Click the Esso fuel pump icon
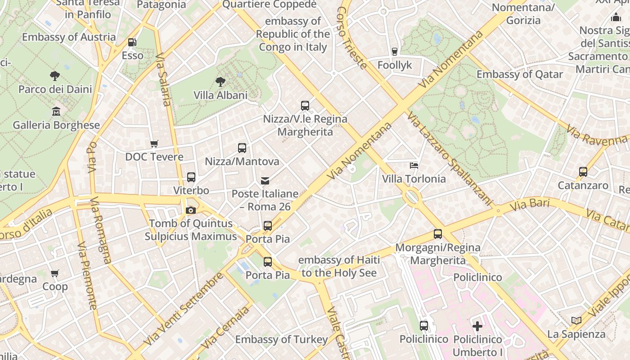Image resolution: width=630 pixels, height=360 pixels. pyautogui.click(x=132, y=42)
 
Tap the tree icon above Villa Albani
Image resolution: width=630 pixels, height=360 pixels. pyautogui.click(x=220, y=82)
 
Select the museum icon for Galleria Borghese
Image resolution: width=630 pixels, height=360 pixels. pyautogui.click(x=56, y=111)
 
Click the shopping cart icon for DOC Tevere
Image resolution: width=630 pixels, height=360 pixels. pyautogui.click(x=154, y=144)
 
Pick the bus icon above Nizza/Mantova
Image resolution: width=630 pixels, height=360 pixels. pyautogui.click(x=242, y=148)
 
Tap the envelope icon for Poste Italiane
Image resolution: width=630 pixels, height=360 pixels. pyautogui.click(x=265, y=180)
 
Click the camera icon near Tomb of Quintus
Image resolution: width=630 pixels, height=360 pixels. pyautogui.click(x=191, y=210)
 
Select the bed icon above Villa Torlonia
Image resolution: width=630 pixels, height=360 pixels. pyautogui.click(x=414, y=165)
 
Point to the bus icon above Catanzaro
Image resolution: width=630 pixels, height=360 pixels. pyautogui.click(x=583, y=171)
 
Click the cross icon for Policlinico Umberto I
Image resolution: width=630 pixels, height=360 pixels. pyautogui.click(x=477, y=326)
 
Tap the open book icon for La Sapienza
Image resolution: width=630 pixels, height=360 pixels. pyautogui.click(x=576, y=320)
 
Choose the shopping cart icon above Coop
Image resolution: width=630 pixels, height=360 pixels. pyautogui.click(x=55, y=273)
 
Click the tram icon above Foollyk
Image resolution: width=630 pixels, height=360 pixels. pyautogui.click(x=395, y=52)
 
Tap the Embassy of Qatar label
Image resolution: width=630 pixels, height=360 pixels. pyautogui.click(x=520, y=74)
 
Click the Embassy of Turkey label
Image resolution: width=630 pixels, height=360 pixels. pyautogui.click(x=281, y=339)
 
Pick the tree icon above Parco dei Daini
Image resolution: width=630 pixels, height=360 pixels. pyautogui.click(x=55, y=76)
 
